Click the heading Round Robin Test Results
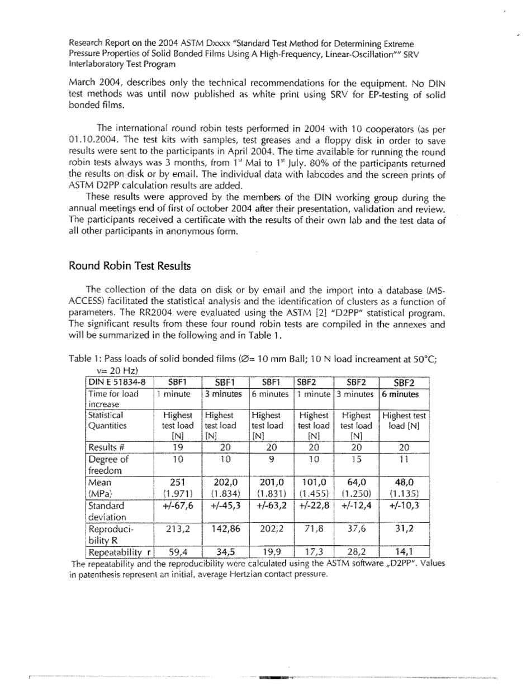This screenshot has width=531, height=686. [x=130, y=266]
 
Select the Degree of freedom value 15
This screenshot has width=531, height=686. [x=355, y=459]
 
